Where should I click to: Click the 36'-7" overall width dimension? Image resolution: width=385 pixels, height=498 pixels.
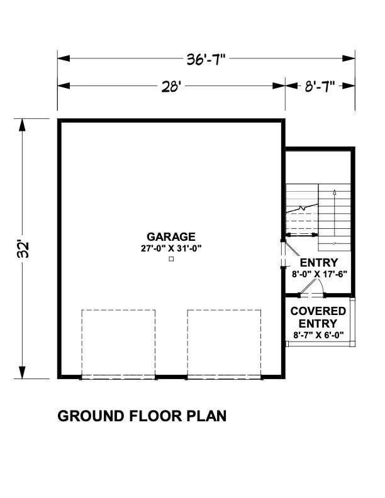(205, 59)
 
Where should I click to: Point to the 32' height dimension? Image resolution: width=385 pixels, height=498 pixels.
(24, 249)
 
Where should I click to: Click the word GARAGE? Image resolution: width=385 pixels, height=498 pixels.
(171, 237)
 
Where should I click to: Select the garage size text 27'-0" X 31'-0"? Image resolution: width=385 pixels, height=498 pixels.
(171, 248)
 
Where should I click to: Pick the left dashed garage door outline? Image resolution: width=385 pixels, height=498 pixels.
(118, 343)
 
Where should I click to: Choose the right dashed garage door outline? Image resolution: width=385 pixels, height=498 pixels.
(224, 343)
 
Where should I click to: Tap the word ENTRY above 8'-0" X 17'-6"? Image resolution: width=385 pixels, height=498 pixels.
(319, 263)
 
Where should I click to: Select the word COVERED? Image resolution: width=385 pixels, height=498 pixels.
(318, 311)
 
